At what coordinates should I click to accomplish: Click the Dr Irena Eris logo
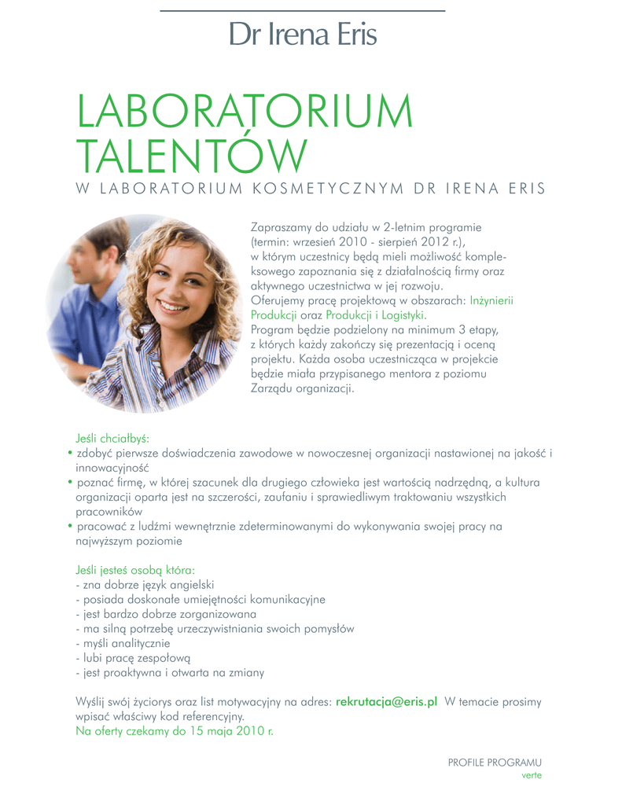click(x=303, y=35)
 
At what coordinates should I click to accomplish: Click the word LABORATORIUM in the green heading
click(x=244, y=113)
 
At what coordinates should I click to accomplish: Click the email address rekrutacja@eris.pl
click(x=386, y=702)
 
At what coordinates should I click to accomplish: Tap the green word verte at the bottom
click(x=532, y=775)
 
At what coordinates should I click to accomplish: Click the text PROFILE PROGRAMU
click(x=495, y=763)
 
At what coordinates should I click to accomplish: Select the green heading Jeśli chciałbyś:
click(x=112, y=438)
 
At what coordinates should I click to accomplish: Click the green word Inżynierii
click(x=491, y=300)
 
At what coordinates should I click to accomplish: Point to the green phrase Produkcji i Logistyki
click(x=376, y=314)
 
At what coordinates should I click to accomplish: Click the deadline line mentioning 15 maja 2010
click(x=175, y=730)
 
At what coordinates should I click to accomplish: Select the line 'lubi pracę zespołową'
click(x=133, y=658)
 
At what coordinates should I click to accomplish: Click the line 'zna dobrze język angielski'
click(x=145, y=584)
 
